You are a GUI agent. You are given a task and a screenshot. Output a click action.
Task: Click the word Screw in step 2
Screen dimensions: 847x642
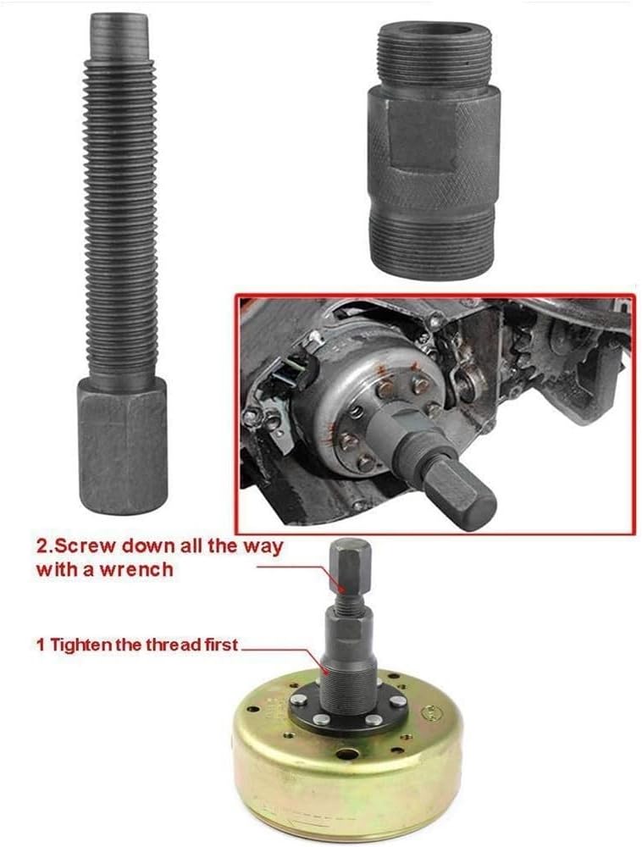[x=79, y=545]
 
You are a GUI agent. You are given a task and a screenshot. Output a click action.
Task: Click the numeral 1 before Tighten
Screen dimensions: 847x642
[x=40, y=645]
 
